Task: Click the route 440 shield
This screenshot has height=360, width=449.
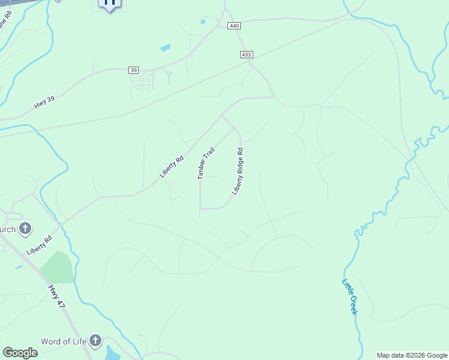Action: (x=234, y=26)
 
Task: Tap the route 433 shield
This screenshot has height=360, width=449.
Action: (x=246, y=55)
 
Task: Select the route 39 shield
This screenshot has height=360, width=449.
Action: (x=133, y=70)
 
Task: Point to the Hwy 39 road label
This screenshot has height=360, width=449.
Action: (x=44, y=103)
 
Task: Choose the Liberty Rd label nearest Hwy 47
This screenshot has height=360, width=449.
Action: (x=40, y=245)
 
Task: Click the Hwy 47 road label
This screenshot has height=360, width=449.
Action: (x=56, y=296)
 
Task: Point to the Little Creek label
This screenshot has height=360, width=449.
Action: (x=350, y=297)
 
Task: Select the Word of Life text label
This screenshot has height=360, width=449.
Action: (x=64, y=341)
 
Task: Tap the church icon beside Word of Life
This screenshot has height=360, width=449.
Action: (x=95, y=341)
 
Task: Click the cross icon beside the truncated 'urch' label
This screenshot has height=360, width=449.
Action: (x=25, y=228)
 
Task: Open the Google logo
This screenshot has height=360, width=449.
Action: (x=20, y=353)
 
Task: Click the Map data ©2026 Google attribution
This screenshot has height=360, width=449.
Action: (x=412, y=355)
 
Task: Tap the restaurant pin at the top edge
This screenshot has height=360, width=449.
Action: (x=110, y=3)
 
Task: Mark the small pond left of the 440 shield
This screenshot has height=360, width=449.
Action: (x=203, y=22)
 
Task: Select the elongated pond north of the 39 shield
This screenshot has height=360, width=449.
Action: (x=165, y=47)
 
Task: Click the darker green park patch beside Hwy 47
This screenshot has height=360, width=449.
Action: (x=57, y=267)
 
